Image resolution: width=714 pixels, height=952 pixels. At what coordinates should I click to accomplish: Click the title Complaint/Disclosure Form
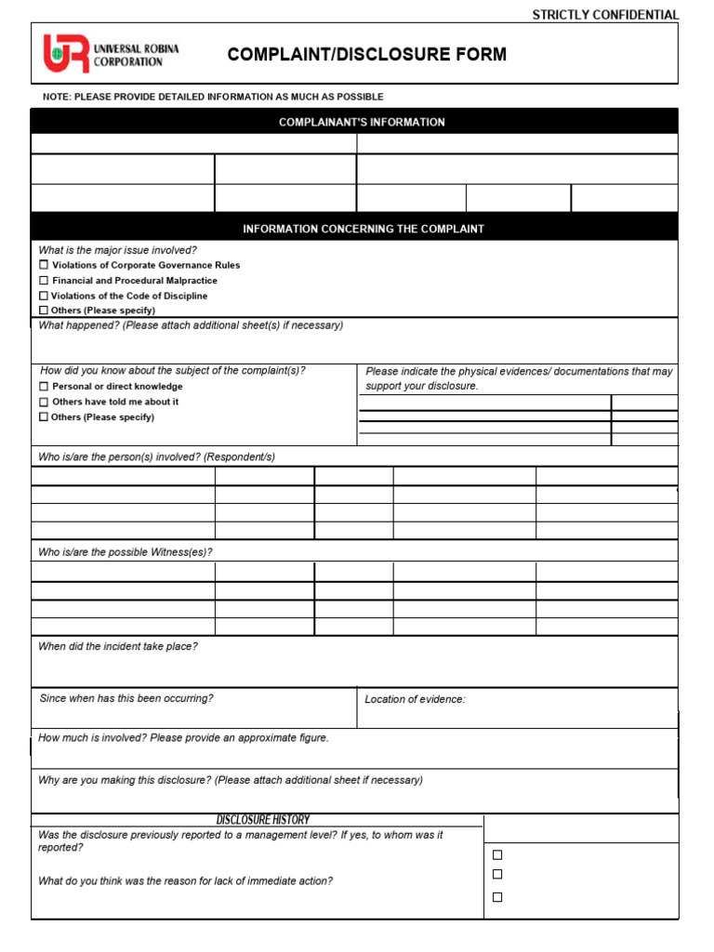367,55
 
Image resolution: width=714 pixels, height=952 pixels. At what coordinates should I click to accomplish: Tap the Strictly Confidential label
605,15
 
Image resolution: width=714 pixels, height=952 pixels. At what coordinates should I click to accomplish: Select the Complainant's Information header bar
362,122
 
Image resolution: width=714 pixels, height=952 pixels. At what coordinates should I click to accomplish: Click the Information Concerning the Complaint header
364,229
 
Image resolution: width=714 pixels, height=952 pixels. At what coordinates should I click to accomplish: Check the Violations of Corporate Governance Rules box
43,265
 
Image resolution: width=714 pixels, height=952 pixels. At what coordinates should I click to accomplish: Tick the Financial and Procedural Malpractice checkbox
43,280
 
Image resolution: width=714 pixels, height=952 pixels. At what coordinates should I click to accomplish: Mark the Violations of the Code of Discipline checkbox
43,296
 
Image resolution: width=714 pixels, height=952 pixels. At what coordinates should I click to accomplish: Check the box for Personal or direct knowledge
43,386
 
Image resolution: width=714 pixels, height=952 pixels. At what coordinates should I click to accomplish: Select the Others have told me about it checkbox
43,402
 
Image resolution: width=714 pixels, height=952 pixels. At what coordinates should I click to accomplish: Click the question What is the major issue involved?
117,250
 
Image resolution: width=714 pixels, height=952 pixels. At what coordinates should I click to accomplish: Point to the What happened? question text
191,325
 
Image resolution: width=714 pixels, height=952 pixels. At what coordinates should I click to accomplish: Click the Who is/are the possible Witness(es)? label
126,552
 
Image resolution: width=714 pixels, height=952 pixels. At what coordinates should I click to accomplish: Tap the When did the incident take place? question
118,646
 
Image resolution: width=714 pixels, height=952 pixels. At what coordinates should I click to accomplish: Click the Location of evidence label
415,699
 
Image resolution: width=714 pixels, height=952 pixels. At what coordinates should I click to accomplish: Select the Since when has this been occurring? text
126,698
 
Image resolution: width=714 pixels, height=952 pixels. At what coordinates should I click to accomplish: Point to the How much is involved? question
183,738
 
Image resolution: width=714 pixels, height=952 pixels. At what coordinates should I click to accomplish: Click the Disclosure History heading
263,820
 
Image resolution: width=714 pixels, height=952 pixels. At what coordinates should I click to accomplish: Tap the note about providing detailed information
213,97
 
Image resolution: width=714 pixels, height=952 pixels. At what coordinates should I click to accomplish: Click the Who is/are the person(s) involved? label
156,457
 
